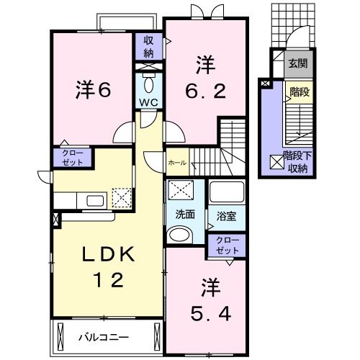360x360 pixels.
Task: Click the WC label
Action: (x=149, y=102)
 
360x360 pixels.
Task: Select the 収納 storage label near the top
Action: (x=148, y=46)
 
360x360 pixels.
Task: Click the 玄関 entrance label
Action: (x=298, y=63)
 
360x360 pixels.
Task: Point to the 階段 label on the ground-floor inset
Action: (x=300, y=92)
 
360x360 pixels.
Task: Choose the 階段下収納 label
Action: (x=297, y=162)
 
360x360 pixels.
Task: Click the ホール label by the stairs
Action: (x=177, y=163)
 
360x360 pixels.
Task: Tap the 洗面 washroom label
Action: (x=185, y=215)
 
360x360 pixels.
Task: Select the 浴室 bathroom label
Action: (x=226, y=216)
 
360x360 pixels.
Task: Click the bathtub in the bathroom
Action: (x=227, y=193)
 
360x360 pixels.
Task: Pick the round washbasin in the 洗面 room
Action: (x=179, y=235)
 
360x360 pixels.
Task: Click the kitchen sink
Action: (x=95, y=201)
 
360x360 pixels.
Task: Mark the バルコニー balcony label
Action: (x=104, y=337)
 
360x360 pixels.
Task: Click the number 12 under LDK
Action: (x=109, y=280)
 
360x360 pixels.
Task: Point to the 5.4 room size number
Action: (x=211, y=314)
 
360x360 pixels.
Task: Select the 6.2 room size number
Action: (x=206, y=91)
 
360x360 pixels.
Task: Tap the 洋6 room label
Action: (x=94, y=90)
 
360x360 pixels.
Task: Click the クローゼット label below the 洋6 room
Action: (x=73, y=158)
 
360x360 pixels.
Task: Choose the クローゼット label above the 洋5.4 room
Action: (x=227, y=246)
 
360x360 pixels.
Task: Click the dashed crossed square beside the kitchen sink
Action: (x=122, y=198)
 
